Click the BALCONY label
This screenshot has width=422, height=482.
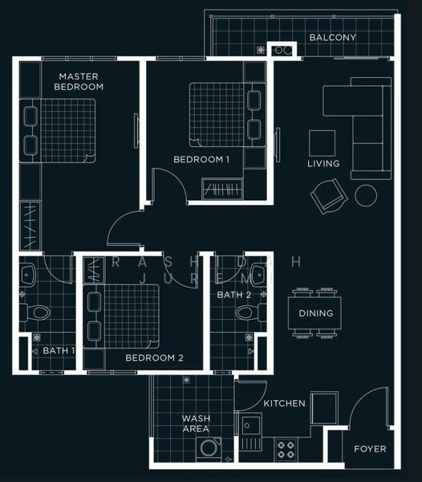pyautogui.click(x=333, y=38)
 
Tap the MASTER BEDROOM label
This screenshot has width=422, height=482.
pyautogui.click(x=79, y=81)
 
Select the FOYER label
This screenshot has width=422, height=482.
pyautogui.click(x=370, y=449)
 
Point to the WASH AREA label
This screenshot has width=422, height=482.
pyautogui.click(x=196, y=423)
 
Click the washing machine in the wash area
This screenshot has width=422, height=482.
pyautogui.click(x=209, y=449)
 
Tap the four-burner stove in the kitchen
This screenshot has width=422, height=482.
pyautogui.click(x=286, y=449)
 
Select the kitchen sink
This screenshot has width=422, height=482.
pyautogui.click(x=251, y=431)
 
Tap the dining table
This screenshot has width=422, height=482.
pyautogui.click(x=314, y=313)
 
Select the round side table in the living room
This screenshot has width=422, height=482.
pyautogui.click(x=366, y=195)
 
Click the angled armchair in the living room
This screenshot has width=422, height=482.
pyautogui.click(x=329, y=196)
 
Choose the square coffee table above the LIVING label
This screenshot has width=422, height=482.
pyautogui.click(x=322, y=143)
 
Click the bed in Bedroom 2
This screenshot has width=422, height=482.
pyautogui.click(x=121, y=317)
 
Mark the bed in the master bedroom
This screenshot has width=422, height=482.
pyautogui.click(x=58, y=131)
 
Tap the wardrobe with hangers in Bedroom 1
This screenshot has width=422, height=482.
pyautogui.click(x=222, y=189)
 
